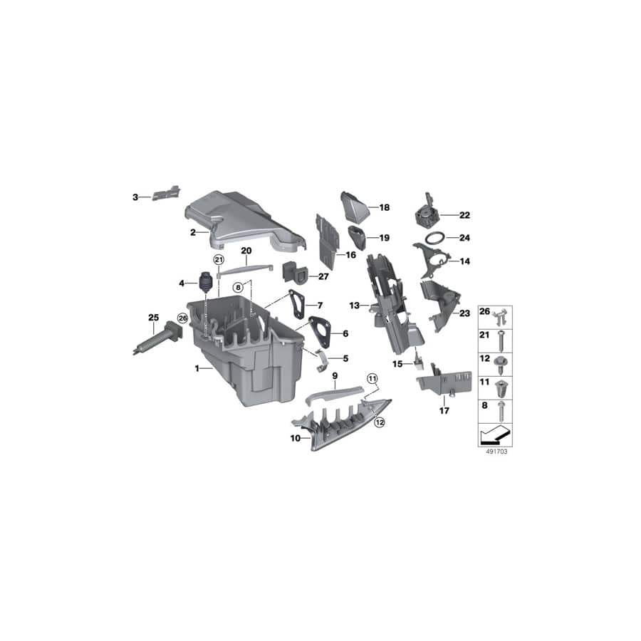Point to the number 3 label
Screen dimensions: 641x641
click(135, 197)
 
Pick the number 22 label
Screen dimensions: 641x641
click(464, 214)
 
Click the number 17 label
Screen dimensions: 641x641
click(444, 411)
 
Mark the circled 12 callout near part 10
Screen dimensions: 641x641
click(379, 422)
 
